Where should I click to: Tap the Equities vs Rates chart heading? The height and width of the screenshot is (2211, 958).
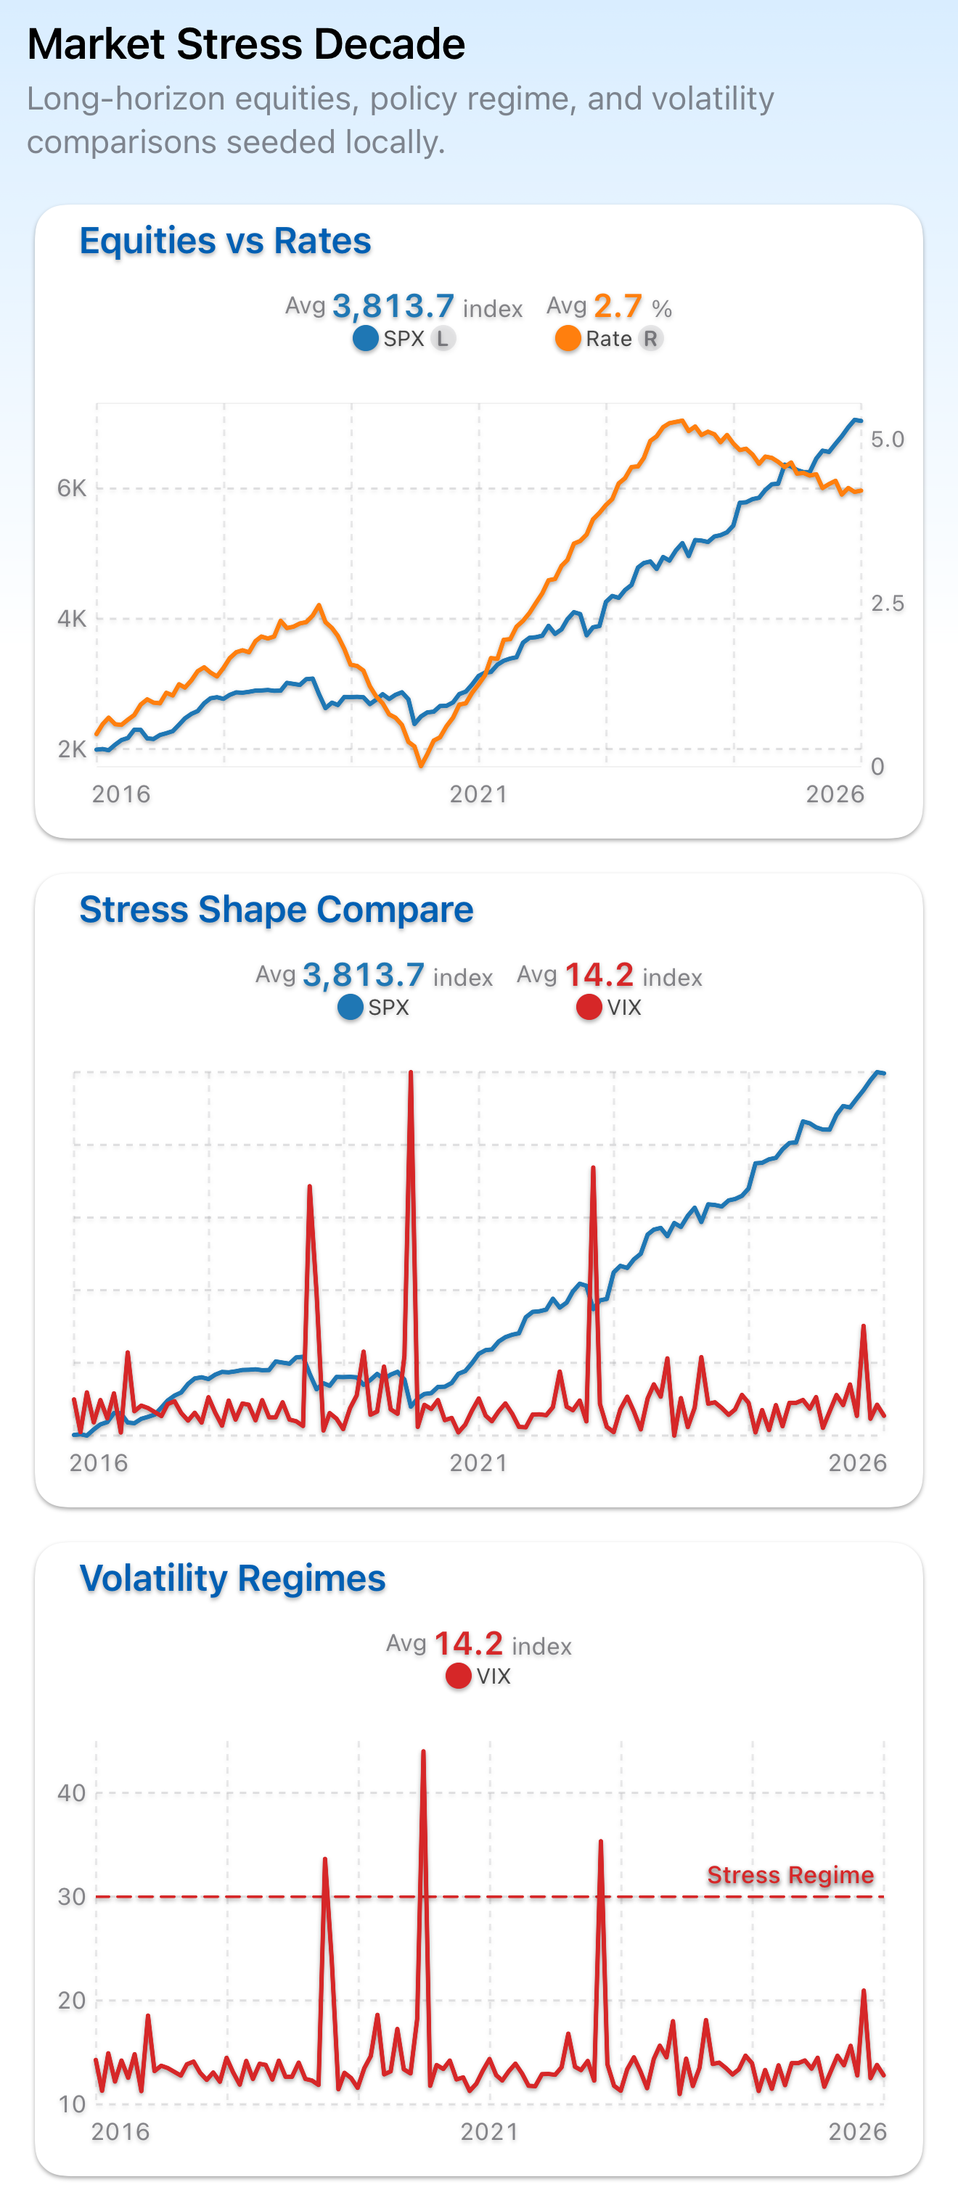click(x=225, y=241)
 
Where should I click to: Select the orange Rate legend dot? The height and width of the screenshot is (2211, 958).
click(x=568, y=339)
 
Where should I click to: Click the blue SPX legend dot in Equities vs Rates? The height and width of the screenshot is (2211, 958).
click(x=366, y=339)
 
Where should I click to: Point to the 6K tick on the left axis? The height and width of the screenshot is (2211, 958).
click(x=72, y=488)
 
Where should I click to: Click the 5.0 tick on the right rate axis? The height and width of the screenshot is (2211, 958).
click(x=887, y=440)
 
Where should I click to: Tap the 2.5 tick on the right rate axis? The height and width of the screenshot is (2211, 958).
click(x=887, y=604)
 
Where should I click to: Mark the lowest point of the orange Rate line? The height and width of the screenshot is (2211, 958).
click(x=421, y=764)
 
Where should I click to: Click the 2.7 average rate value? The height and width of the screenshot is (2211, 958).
click(x=617, y=306)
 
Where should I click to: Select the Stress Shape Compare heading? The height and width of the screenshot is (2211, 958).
click(x=277, y=910)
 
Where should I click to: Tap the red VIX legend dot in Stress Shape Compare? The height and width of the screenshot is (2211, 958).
click(x=588, y=1007)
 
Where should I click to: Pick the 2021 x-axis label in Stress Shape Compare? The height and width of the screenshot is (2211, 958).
click(x=478, y=1462)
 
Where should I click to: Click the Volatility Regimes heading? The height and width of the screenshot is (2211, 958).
click(x=233, y=1578)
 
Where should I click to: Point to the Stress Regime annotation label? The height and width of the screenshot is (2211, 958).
click(x=790, y=1874)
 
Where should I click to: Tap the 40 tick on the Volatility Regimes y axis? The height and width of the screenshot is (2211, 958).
click(x=72, y=1793)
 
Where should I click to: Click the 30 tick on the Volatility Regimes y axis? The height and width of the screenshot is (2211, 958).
click(x=72, y=1897)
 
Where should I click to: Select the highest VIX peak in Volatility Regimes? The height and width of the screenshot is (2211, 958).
click(x=423, y=1753)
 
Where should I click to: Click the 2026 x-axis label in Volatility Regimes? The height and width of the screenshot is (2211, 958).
click(x=856, y=2131)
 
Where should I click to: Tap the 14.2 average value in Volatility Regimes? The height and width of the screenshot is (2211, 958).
click(x=469, y=1644)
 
